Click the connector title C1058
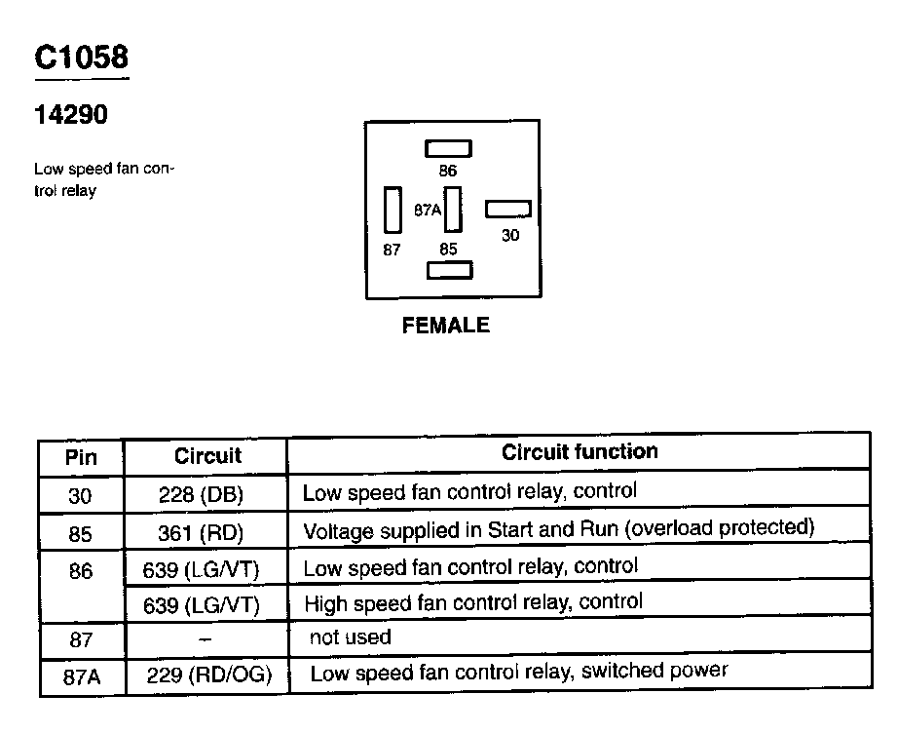(x=81, y=58)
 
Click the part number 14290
(x=71, y=115)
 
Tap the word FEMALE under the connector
(x=445, y=326)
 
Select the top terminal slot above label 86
(x=448, y=148)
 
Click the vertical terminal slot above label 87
(x=393, y=210)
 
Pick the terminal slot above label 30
(x=508, y=209)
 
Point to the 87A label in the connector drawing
(x=428, y=210)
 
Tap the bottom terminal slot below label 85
(x=448, y=270)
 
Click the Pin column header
(x=81, y=457)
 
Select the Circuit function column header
(x=580, y=452)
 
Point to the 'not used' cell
(x=350, y=638)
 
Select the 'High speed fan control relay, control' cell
(x=473, y=602)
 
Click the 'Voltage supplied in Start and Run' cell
(x=558, y=530)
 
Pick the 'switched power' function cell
(x=518, y=672)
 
